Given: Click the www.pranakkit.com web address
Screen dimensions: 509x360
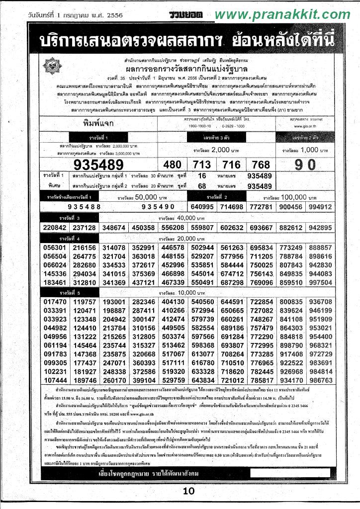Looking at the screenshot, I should [282, 15].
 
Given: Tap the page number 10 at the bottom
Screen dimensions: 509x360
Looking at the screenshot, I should [188, 492].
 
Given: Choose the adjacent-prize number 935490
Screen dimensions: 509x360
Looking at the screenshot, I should [158, 207].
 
